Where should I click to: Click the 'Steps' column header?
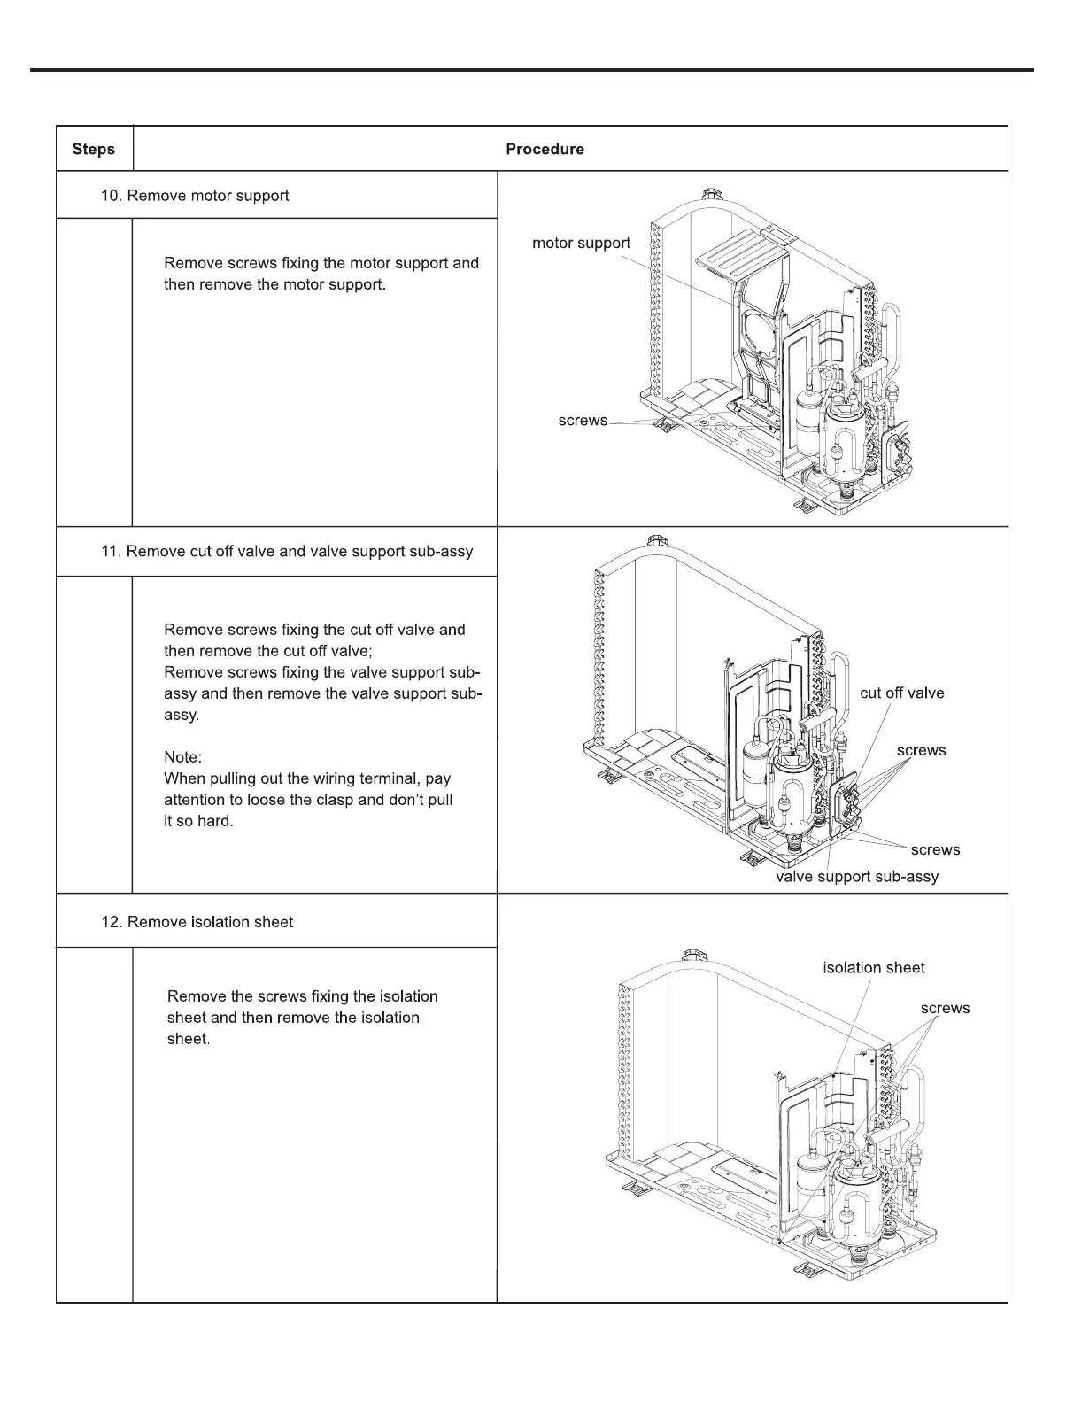click(x=94, y=149)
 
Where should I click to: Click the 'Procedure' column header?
click(x=545, y=149)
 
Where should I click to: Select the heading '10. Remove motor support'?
click(x=195, y=195)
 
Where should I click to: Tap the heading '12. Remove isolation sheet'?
click(x=197, y=922)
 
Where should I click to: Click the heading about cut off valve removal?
click(x=287, y=551)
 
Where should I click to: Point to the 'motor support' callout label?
click(x=581, y=243)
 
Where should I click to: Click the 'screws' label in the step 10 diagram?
click(x=583, y=421)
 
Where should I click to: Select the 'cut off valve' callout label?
click(x=901, y=693)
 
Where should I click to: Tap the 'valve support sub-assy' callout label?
click(x=856, y=876)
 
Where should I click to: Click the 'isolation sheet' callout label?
click(x=873, y=968)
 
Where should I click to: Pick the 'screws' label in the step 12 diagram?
click(x=945, y=1008)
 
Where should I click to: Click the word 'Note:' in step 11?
click(x=183, y=757)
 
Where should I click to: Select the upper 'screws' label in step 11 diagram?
click(x=921, y=750)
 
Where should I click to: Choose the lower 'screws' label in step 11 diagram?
click(x=935, y=849)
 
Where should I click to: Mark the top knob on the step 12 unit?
click(x=693, y=956)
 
